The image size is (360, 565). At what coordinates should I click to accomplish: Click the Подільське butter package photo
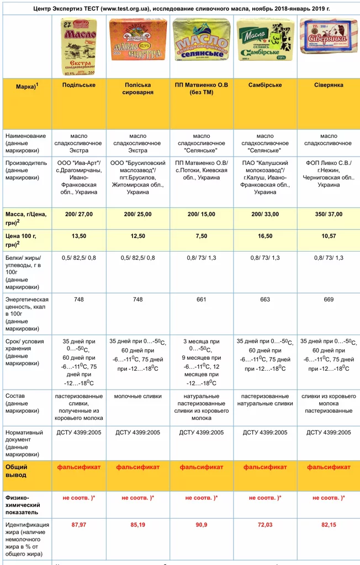[x=79, y=46]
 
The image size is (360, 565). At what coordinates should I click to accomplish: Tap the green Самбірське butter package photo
[x=265, y=40]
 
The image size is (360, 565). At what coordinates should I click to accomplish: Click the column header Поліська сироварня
[x=137, y=88]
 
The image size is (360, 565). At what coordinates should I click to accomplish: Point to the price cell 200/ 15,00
[x=201, y=214]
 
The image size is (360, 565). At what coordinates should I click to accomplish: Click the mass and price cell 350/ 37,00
[x=328, y=214]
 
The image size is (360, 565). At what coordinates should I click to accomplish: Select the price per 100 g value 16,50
[x=265, y=236]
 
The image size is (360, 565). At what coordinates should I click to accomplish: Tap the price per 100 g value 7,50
[x=201, y=236]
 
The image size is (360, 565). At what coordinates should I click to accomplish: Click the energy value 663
[x=265, y=300]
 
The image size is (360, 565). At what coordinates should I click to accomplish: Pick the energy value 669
[x=328, y=300]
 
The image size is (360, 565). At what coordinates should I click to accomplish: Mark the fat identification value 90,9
[x=201, y=524]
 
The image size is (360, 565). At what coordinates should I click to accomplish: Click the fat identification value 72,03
[x=265, y=524]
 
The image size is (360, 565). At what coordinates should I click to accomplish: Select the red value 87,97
[x=79, y=524]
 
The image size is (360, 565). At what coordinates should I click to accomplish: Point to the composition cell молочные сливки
[x=137, y=396]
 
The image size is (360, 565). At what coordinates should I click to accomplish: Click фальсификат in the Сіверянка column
[x=328, y=467]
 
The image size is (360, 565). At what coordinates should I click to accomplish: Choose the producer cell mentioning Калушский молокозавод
[x=265, y=178]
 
